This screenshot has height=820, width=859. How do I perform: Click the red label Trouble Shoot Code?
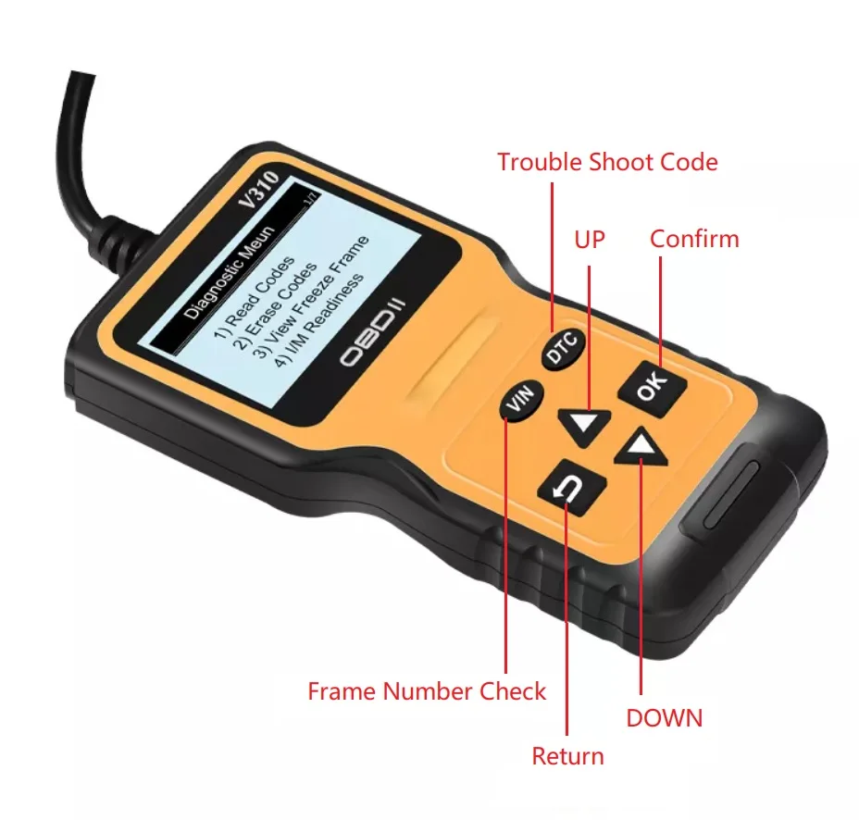[x=607, y=162]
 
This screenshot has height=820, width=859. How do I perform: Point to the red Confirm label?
[x=694, y=239]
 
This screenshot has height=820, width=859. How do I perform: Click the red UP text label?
[x=589, y=239]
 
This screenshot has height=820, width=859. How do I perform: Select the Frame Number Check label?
[x=427, y=691]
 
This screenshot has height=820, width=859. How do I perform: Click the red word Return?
[x=567, y=756]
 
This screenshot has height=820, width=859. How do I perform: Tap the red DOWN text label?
[x=664, y=717]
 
